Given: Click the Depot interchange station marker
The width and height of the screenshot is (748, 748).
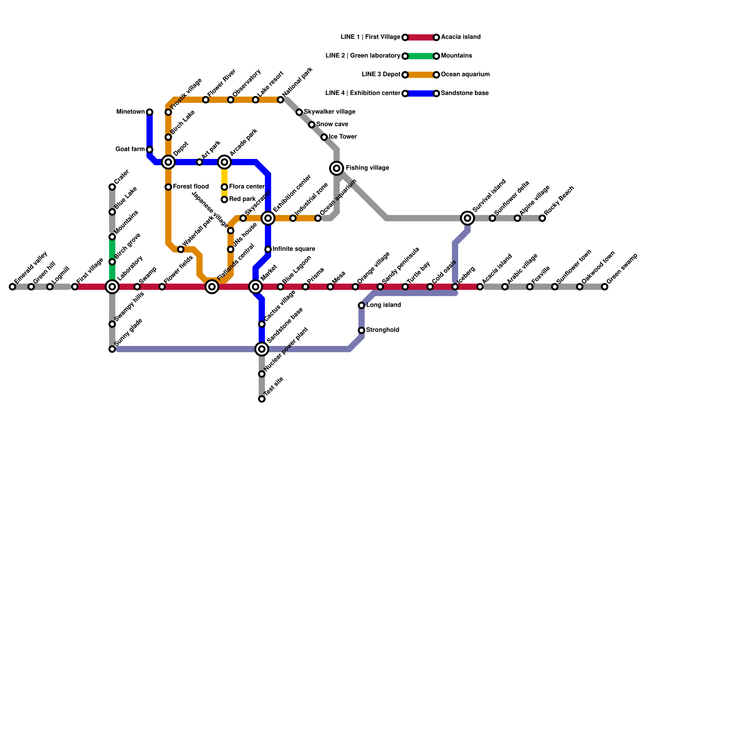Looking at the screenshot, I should (168, 162).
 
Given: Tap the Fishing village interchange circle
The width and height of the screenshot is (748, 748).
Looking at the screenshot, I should (337, 168).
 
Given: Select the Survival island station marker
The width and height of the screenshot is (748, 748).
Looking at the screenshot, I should (467, 218).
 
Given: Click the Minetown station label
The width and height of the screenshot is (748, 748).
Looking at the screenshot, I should (130, 112).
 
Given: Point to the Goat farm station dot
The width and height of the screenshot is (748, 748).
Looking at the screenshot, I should (150, 150).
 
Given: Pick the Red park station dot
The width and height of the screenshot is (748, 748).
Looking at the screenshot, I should (224, 200).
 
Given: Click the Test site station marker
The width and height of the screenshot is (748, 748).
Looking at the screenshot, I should (262, 399).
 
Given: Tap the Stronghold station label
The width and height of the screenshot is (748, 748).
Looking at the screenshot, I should (382, 330).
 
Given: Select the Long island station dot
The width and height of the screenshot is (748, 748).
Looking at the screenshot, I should (361, 305).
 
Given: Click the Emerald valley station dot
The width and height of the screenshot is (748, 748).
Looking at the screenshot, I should (12, 287).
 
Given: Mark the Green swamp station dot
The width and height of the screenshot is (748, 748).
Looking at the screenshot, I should (604, 287).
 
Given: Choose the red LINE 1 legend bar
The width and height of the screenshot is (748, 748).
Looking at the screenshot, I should (421, 37).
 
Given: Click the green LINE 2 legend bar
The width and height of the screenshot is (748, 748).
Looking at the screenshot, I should (421, 56).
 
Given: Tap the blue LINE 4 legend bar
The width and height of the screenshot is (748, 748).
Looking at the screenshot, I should (421, 93).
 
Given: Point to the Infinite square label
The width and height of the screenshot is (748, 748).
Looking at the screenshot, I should (294, 249).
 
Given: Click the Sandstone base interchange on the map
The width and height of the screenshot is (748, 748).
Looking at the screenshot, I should (262, 349).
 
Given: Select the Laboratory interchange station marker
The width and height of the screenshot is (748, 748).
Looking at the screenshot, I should (112, 287).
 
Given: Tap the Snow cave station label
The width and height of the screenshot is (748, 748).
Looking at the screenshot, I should (332, 124).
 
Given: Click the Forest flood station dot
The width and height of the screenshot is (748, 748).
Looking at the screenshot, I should (168, 187).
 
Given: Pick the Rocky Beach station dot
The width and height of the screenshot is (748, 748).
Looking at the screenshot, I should (542, 218).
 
